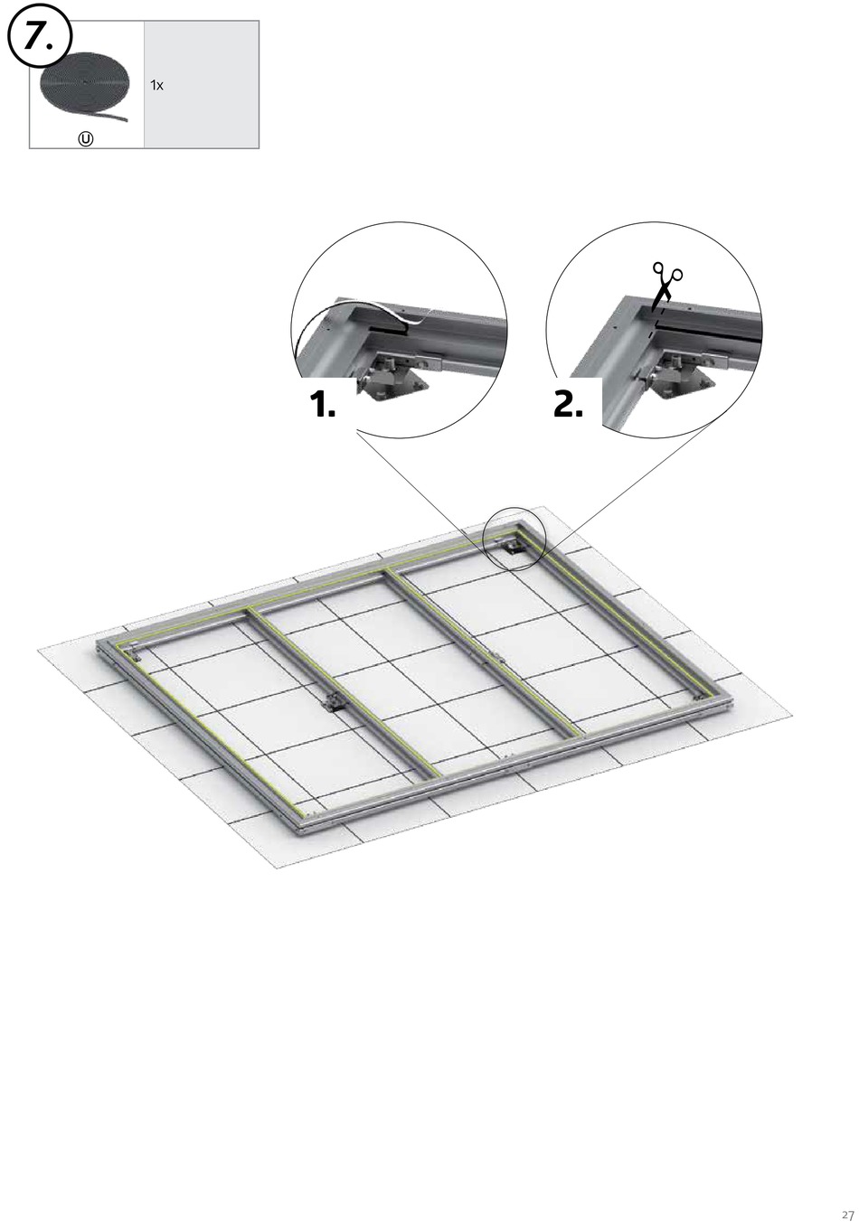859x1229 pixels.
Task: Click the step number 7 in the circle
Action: pos(37,37)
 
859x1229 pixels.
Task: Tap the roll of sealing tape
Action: pos(84,86)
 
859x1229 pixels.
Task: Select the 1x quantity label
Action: pos(156,85)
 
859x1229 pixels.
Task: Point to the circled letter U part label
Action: pos(86,139)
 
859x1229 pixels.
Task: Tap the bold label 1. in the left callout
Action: pos(322,404)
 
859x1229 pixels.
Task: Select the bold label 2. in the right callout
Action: pos(568,404)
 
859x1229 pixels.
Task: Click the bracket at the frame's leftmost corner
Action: pos(130,652)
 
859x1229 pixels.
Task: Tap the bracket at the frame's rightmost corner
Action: pos(699,697)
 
